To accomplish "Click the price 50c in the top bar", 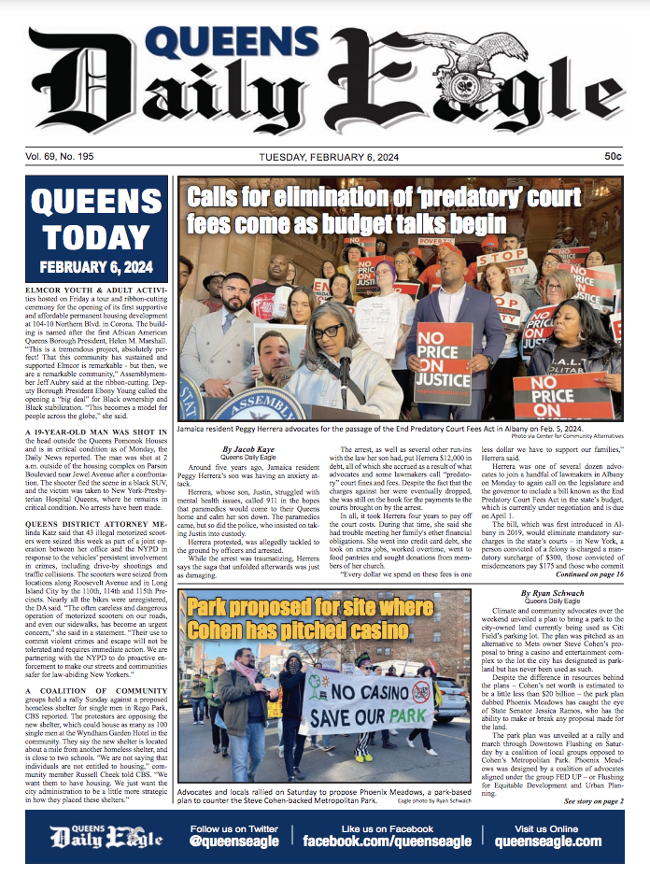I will pos(613,156).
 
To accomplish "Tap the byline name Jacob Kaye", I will pos(245,450).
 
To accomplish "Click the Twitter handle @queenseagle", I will pos(234,841).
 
